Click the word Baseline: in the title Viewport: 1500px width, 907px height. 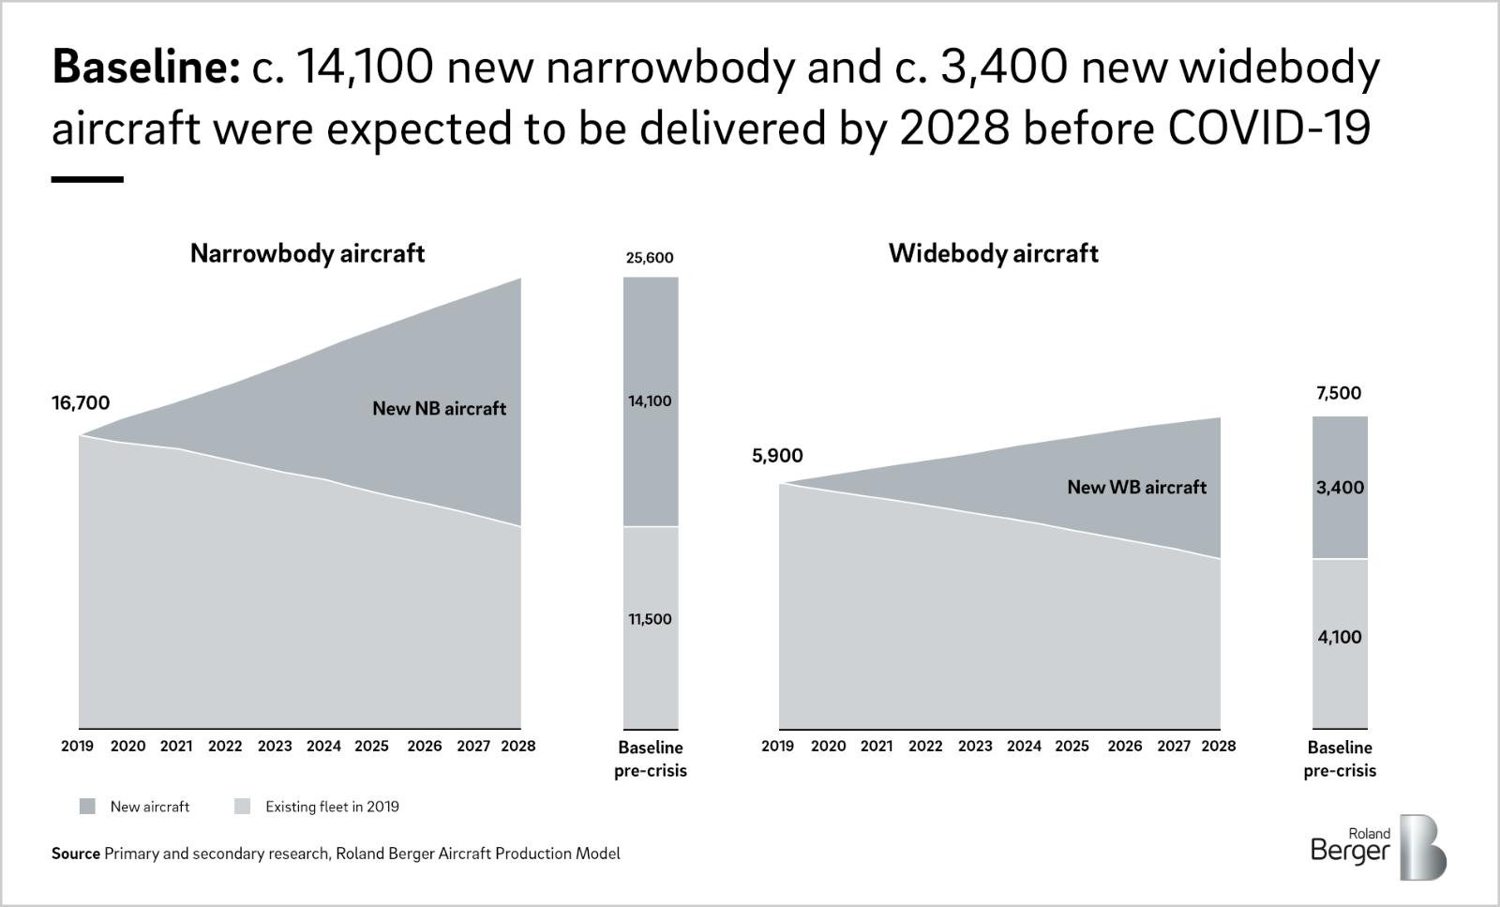[145, 68]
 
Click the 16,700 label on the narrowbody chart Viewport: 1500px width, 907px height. [81, 403]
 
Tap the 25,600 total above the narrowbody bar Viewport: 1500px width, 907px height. [650, 258]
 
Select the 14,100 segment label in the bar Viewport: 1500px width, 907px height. [650, 401]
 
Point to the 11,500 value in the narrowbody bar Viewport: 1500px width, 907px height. [650, 619]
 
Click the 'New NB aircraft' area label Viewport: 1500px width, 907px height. [439, 409]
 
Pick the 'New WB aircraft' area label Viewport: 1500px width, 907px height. [1136, 488]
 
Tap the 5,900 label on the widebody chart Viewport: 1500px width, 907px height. [777, 456]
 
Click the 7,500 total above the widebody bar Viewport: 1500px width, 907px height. [1339, 394]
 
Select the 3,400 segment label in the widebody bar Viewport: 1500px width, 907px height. [1340, 488]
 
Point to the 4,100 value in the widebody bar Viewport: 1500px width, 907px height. [1340, 638]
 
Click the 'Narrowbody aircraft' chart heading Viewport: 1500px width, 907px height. [307, 254]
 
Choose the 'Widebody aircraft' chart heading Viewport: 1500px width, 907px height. [994, 254]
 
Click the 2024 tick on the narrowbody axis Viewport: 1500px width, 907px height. [323, 747]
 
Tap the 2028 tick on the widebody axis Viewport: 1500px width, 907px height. [1218, 747]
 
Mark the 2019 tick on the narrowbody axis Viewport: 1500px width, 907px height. [77, 747]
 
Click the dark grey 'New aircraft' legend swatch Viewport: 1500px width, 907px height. [87, 807]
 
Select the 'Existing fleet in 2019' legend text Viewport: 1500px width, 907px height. [332, 807]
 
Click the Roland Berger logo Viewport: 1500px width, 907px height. [1378, 847]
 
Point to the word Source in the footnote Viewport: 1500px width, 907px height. [75, 854]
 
